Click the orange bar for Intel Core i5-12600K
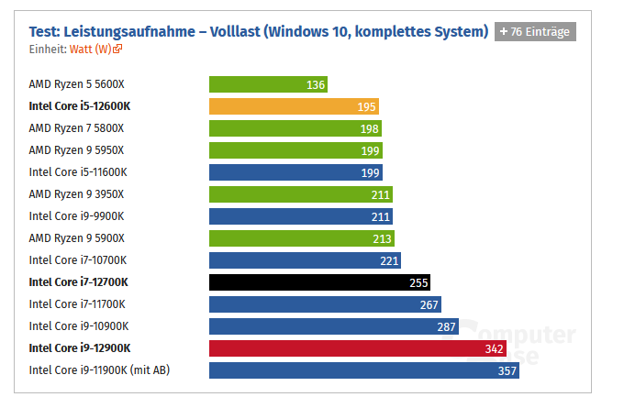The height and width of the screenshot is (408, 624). click(294, 106)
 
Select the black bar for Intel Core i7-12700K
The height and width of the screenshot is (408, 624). click(319, 282)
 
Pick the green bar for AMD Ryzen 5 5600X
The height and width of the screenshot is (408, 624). click(268, 84)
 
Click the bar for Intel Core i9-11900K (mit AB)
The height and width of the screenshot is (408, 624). click(364, 370)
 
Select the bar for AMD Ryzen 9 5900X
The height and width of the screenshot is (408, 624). click(301, 238)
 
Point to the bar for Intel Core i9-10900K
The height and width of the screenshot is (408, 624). click(333, 326)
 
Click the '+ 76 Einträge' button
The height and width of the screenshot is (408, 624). click(535, 31)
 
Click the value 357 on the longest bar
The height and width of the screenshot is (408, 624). click(507, 370)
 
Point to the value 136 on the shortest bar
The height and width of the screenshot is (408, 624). click(316, 84)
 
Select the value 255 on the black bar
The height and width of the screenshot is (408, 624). click(418, 282)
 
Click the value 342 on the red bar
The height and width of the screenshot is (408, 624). click(494, 348)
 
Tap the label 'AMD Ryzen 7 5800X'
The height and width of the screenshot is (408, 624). click(76, 128)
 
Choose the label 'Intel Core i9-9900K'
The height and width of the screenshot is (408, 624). click(76, 216)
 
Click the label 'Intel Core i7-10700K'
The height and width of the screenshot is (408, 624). click(78, 260)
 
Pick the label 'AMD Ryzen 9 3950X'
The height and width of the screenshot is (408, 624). click(76, 194)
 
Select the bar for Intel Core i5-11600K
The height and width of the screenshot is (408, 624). click(295, 172)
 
